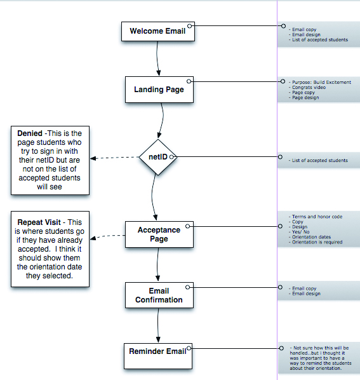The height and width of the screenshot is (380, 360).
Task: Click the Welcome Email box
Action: pos(158,32)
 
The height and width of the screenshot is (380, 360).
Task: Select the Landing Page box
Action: pos(159,90)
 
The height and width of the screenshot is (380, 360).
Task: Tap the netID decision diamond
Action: pos(158,157)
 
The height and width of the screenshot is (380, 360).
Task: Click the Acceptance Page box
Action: pos(159,234)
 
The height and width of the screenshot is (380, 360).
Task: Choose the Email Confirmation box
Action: pos(159,295)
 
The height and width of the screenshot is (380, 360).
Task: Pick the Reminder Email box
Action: pos(158,356)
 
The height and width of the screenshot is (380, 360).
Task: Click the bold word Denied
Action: pos(30,133)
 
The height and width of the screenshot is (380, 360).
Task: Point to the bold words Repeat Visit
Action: pos(39,222)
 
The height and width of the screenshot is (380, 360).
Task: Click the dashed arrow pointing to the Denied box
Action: pos(114,158)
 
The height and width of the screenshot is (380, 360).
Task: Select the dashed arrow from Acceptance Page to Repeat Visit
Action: pos(108,236)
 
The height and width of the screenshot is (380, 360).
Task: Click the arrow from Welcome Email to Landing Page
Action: pos(157,58)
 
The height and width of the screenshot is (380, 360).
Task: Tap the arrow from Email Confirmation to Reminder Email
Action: pos(158,325)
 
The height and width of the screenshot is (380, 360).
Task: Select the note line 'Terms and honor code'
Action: pos(316,217)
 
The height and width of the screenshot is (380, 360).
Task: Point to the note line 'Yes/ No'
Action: pos(299,232)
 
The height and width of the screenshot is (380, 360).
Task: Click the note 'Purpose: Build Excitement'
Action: pos(320,83)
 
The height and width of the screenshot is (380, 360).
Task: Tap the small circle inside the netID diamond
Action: pos(171,157)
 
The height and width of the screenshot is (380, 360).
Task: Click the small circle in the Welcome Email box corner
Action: pos(190,25)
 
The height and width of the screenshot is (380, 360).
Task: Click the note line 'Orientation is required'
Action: pos(316,242)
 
